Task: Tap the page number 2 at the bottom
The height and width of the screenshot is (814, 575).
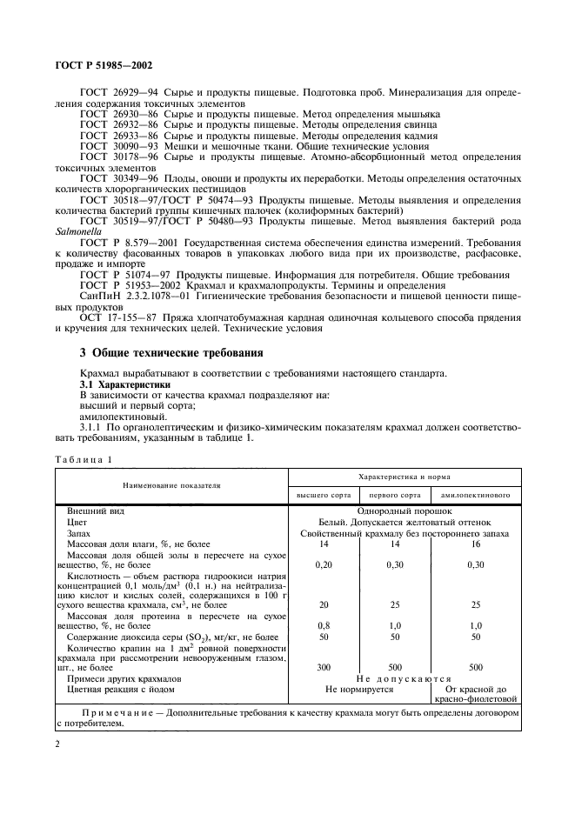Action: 57,744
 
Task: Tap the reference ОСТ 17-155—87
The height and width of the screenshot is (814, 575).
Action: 116,317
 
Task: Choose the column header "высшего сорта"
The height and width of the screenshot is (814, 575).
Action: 324,494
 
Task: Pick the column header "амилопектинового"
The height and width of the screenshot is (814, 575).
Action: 475,494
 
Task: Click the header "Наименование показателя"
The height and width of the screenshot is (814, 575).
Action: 171,485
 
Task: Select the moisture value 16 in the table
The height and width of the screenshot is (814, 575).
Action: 475,544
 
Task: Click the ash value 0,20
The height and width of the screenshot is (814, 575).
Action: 324,564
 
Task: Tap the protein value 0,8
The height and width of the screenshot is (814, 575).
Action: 324,624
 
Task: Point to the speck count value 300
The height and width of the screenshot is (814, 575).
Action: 324,667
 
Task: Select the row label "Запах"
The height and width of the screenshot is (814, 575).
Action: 80,533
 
